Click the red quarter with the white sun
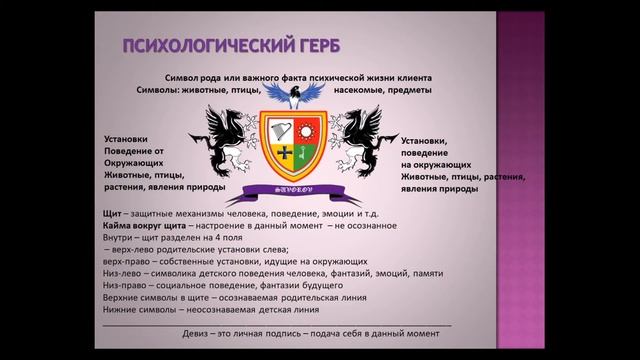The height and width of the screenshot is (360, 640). pos(308,129)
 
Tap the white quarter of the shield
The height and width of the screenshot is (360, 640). pos(284,130)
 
